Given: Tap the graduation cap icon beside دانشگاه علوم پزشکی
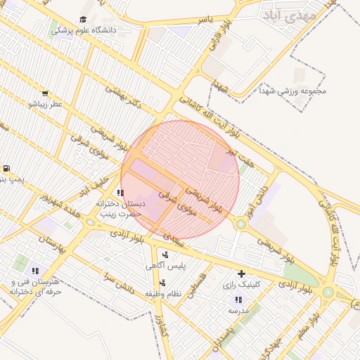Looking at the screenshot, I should click(83, 19).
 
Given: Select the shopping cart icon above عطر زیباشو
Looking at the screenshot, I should click(45, 93).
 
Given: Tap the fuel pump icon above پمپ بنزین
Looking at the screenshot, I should click(6, 168).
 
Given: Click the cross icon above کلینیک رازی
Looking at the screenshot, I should click(241, 273).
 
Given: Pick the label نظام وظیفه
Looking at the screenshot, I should click(163, 292).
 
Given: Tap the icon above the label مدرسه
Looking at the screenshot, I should click(235, 299).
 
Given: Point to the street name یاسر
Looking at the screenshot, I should click(205, 19).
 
